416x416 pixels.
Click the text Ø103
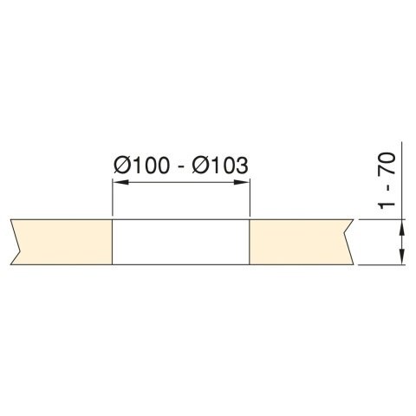point(219,165)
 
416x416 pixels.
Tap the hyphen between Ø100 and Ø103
point(179,166)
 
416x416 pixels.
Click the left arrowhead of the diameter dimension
point(120,183)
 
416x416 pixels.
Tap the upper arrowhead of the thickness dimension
point(401,226)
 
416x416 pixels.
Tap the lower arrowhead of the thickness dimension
point(401,257)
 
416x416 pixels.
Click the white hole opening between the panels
point(181,242)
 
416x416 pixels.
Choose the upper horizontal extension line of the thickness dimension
point(381,220)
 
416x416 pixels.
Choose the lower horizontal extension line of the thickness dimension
point(381,264)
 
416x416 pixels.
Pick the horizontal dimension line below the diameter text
point(181,183)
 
